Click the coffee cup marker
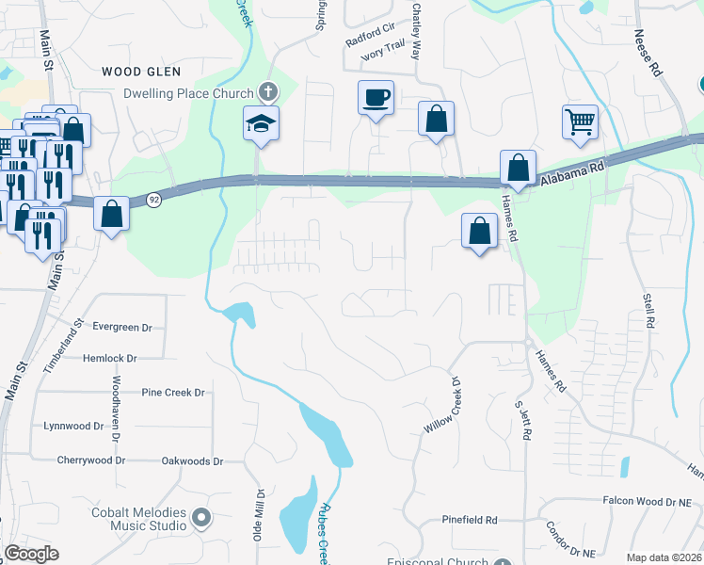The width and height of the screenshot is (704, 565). (x=376, y=98)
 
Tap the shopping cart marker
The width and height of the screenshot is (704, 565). (x=580, y=121)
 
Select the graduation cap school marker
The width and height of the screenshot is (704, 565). (x=261, y=123)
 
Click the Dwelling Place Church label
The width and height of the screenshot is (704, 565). (x=189, y=93)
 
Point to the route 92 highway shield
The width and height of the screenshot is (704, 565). (x=152, y=199)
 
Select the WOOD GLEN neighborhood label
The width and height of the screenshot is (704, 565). (x=140, y=72)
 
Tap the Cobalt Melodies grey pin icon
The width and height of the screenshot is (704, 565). (x=200, y=517)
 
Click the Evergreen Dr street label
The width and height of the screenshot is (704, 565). (x=121, y=327)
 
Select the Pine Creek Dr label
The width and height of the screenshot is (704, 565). (x=173, y=392)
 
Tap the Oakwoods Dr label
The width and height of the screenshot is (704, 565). (x=192, y=461)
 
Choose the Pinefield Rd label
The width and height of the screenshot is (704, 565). (x=470, y=520)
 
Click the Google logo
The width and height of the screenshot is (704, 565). (x=31, y=554)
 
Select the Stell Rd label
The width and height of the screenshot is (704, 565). (x=648, y=311)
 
